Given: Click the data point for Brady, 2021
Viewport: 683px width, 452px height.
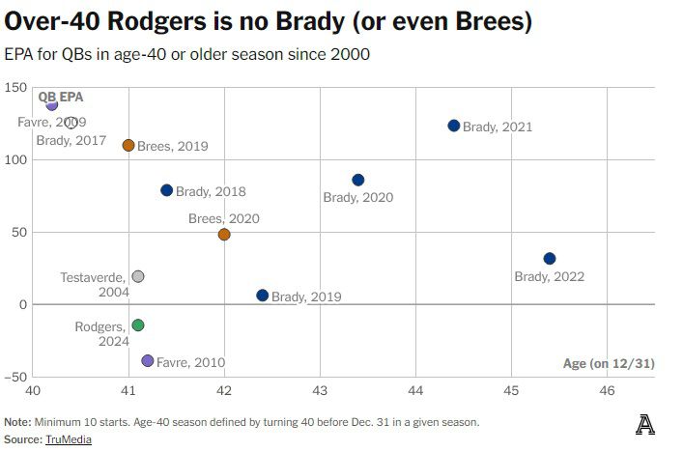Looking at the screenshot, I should click(454, 126).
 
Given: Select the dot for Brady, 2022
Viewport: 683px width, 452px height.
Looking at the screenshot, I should click(550, 259).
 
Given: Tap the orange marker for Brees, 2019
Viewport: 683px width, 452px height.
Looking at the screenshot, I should click(128, 146).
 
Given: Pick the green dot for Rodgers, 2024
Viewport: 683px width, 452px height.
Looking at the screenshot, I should click(138, 325).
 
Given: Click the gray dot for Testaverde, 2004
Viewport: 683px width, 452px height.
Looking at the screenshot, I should click(138, 276).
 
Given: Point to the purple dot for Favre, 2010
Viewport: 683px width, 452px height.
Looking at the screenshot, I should click(148, 361).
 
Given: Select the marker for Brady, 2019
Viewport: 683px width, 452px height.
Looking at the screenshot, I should click(263, 296).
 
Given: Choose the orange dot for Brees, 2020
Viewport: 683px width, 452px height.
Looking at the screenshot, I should click(224, 235).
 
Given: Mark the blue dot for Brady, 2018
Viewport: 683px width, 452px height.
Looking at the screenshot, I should click(167, 190).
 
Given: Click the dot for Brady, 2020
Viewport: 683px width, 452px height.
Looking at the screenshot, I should click(358, 180).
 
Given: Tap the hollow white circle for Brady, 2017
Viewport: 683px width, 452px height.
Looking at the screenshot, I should click(71, 123).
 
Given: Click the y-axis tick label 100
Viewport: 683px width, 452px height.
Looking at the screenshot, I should click(14, 159).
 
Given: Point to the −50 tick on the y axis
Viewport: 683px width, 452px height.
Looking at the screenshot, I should click(14, 377).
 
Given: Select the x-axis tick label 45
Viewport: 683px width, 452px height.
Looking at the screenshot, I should click(511, 390).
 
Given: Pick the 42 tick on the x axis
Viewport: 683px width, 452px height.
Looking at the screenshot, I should click(224, 390).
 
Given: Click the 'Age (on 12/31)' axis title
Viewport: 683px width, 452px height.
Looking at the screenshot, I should click(609, 363).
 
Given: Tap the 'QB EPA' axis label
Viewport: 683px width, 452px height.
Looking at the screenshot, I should click(60, 97).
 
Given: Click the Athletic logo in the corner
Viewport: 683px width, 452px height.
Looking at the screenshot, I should click(645, 424).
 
